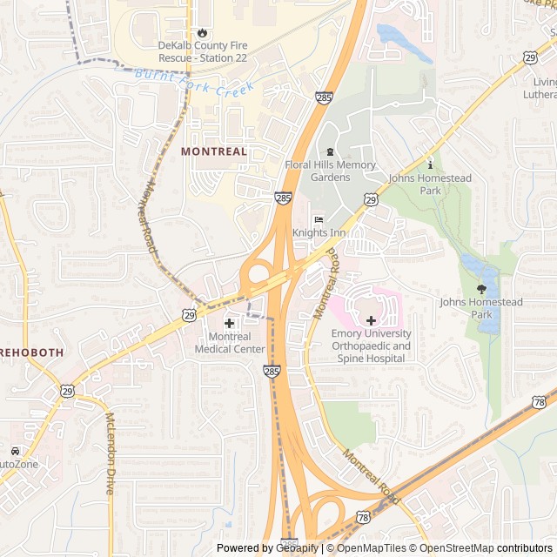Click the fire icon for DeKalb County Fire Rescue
pos(204,32)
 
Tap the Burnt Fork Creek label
pos(195,82)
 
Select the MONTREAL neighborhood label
pos(214,151)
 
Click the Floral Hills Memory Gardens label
pos(330,171)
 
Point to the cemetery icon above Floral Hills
pos(330,152)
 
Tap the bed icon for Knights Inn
pos(318,219)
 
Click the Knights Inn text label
pos(318,233)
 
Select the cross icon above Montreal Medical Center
pos(230,323)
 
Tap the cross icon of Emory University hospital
pos(371,320)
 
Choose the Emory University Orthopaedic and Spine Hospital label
pos(371,346)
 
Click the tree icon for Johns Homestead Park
pos(481,288)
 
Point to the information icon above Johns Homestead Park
pos(430,164)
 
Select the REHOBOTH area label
pos(31,353)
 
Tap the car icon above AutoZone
pos(16,451)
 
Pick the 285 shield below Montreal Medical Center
pos(272,372)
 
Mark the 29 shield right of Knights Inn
pos(372,200)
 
